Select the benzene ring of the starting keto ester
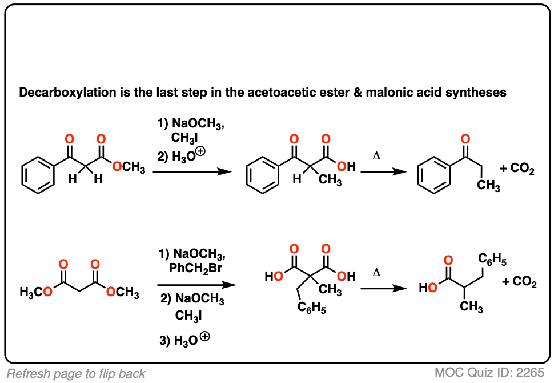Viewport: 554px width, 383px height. pyautogui.click(x=38, y=175)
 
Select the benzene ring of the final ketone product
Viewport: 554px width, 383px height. pyautogui.click(x=435, y=175)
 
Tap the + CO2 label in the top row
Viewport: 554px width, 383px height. pyautogui.click(x=517, y=169)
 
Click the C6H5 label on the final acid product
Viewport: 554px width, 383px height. pyautogui.click(x=492, y=260)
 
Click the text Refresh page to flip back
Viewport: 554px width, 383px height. pyautogui.click(x=76, y=374)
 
